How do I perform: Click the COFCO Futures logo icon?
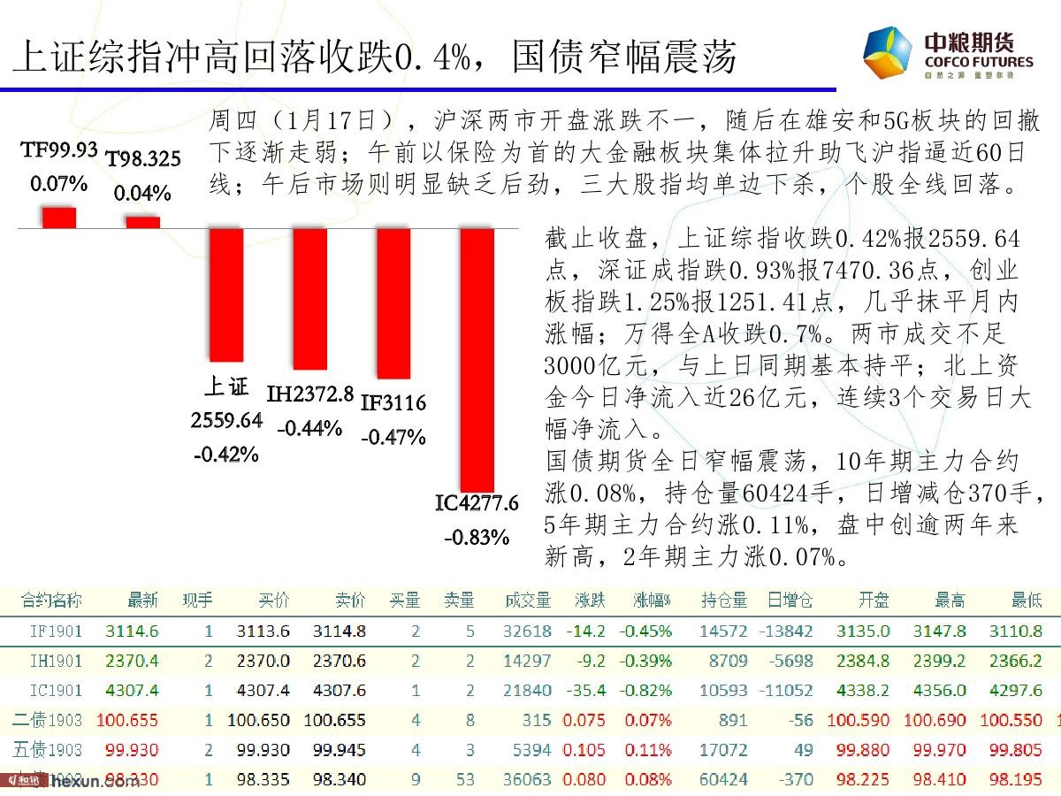[x=887, y=52]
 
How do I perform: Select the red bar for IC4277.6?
[x=477, y=359]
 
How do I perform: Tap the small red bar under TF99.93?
[x=59, y=218]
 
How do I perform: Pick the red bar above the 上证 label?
[x=226, y=295]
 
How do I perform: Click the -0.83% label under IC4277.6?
[x=477, y=536]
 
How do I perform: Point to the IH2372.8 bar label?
[x=310, y=394]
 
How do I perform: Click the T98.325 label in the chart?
[x=143, y=159]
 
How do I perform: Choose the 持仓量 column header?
[x=724, y=601]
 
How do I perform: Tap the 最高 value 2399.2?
[x=944, y=661]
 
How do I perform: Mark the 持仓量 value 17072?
[x=724, y=750]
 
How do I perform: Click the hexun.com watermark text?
[x=84, y=781]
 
